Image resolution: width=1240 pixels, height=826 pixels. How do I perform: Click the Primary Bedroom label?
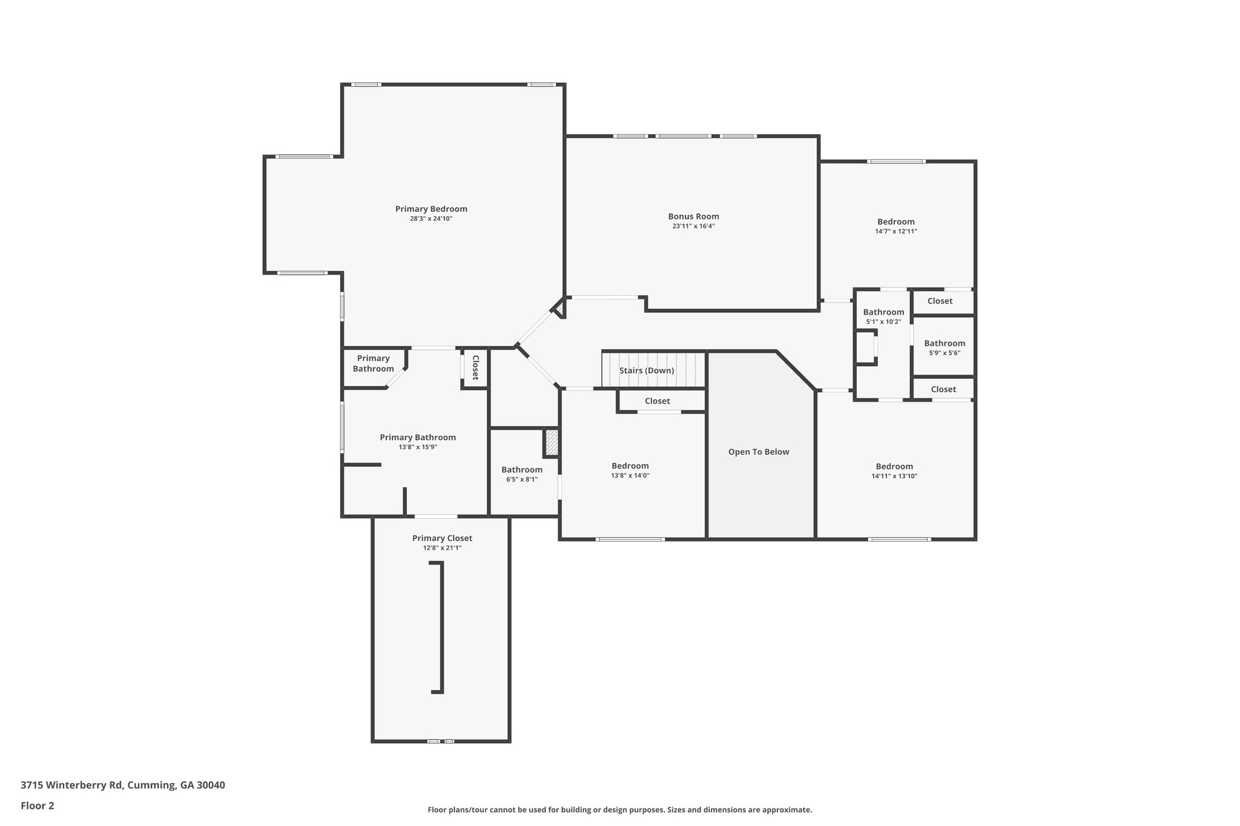pos(431,209)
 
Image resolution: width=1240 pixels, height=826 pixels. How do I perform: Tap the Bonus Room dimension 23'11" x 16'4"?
pos(693,226)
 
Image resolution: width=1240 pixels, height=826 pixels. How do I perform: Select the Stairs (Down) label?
pos(646,370)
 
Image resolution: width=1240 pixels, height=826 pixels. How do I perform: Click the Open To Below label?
pos(758,452)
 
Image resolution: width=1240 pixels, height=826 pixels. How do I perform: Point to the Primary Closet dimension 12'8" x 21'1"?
pos(442,548)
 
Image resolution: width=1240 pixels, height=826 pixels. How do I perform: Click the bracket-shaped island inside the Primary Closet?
pos(441,627)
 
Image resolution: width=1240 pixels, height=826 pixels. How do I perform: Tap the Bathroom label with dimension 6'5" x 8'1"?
pos(521,470)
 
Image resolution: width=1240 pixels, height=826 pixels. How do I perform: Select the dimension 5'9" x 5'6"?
pos(944,353)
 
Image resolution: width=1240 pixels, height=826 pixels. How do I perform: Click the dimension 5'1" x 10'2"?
pos(883,322)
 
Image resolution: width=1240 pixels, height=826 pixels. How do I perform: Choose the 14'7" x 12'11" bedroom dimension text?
pos(895,231)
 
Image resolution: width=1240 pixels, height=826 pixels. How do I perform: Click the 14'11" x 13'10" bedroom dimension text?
pos(894,476)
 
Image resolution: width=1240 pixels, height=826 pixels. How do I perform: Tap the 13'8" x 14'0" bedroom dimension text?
pos(630,476)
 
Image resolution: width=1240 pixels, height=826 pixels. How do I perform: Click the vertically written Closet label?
pos(475,367)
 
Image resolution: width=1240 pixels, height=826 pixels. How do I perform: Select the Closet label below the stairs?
pos(657,401)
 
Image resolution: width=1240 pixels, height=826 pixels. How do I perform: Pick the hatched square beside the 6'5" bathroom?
pos(551,442)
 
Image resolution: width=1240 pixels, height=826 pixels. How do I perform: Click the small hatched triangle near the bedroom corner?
pos(560,310)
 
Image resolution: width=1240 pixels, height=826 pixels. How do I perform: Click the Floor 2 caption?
pos(38,805)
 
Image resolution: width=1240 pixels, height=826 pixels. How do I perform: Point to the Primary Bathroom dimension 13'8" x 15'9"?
pos(418,447)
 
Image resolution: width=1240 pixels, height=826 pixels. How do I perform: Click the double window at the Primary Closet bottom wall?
pos(441,741)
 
